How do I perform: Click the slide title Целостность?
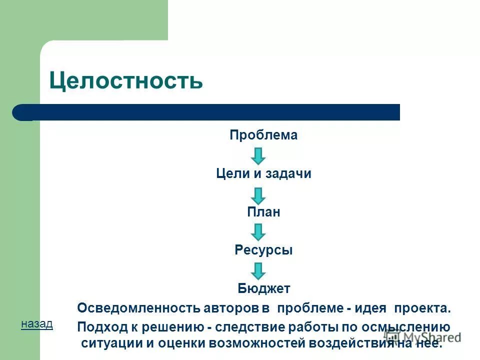click(126, 80)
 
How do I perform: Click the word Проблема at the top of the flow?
click(263, 135)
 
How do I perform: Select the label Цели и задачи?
click(263, 174)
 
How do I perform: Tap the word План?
click(263, 212)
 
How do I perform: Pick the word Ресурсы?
click(263, 250)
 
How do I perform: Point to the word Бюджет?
click(263, 289)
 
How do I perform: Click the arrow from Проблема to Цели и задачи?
click(258, 155)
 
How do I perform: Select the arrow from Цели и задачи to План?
click(258, 194)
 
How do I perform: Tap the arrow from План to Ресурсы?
click(258, 232)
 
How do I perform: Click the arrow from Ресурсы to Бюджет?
click(258, 270)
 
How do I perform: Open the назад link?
click(36, 324)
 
